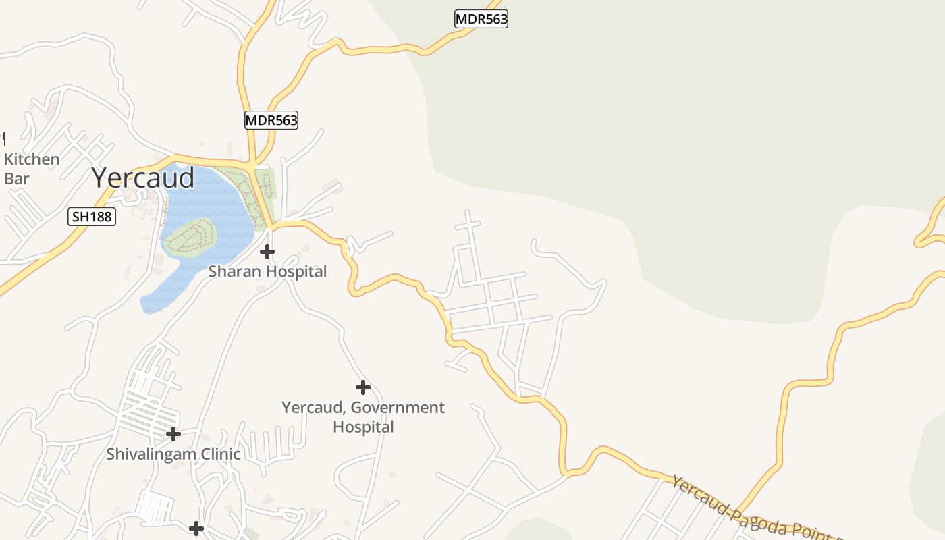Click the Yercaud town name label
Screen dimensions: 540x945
point(143,178)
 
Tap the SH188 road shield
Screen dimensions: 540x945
point(92,217)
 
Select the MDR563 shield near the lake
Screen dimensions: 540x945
point(271,120)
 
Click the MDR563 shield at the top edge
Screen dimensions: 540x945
point(481,19)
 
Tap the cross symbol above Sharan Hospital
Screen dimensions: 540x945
point(267,252)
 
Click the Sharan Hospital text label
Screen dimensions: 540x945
point(267,271)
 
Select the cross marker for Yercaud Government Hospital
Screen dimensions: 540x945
point(363,387)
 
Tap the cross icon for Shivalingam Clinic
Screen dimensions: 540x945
point(173,434)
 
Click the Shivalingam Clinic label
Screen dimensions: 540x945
point(173,454)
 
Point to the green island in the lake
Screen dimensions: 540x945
point(190,237)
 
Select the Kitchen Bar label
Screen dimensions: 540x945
point(31,169)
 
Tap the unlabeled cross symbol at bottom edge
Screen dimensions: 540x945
point(196,528)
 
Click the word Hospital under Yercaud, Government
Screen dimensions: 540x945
point(363,427)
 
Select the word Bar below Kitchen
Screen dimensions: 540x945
point(17,179)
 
